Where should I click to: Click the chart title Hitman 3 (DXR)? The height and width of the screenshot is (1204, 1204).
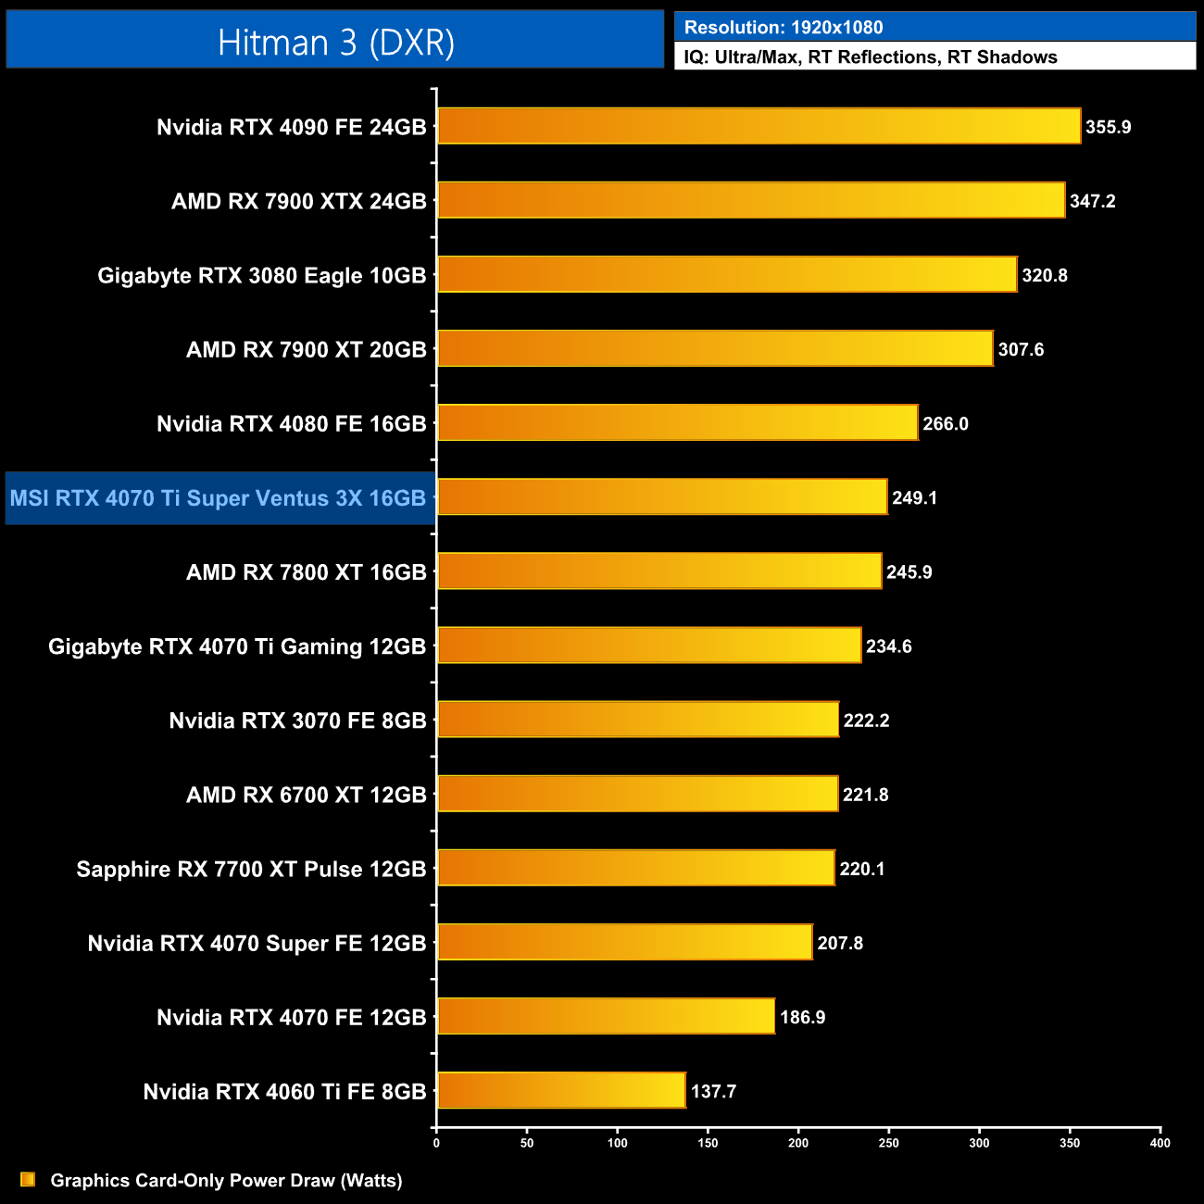tap(335, 43)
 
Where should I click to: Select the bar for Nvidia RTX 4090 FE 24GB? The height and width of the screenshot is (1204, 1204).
tap(759, 126)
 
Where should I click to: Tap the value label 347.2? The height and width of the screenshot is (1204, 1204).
tap(1092, 201)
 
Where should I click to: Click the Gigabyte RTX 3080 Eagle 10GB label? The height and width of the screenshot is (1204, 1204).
tap(262, 275)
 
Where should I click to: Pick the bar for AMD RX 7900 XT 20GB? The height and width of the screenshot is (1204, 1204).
tap(715, 348)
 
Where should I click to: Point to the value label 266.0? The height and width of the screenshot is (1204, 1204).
tap(945, 423)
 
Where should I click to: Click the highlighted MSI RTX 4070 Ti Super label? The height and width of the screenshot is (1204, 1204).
tap(219, 498)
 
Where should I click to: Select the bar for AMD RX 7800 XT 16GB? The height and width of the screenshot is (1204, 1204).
tap(659, 571)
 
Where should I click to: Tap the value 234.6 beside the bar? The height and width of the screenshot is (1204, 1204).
tap(888, 646)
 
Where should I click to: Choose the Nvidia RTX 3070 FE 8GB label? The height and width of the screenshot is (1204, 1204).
tap(297, 721)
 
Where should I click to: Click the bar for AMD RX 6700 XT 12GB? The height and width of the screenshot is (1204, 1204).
tap(637, 794)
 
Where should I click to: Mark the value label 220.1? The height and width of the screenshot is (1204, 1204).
tap(861, 869)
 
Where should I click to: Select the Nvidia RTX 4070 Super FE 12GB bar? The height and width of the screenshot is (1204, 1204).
tap(624, 942)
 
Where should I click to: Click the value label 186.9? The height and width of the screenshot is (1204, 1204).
tap(802, 1017)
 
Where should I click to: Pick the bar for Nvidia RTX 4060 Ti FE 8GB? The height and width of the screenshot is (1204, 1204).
tap(561, 1090)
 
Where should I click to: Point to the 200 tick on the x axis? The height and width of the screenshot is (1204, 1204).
tap(798, 1143)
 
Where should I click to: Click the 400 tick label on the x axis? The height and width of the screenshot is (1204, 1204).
tap(1160, 1143)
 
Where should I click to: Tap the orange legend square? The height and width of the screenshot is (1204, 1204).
tap(28, 1179)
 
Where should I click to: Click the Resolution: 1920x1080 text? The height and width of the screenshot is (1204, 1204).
tap(784, 28)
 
